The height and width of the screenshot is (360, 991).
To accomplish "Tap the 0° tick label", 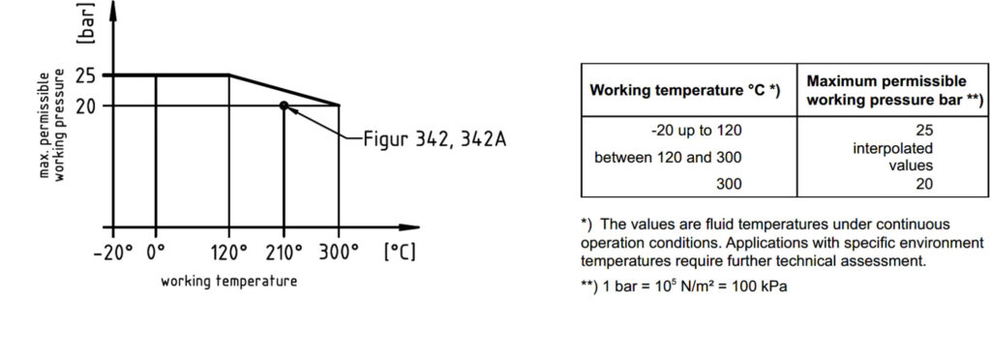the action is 155,252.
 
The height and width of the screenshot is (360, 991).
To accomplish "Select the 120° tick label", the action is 228,252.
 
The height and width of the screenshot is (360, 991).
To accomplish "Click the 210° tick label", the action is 284,252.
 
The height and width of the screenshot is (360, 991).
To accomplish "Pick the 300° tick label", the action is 338,252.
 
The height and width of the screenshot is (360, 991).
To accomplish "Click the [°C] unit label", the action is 400,252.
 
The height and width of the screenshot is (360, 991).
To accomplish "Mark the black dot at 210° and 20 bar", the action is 284,105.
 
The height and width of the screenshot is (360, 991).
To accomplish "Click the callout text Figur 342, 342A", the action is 435,138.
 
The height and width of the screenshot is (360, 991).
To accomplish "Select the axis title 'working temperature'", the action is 228,281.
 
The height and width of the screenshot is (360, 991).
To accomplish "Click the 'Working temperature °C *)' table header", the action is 685,90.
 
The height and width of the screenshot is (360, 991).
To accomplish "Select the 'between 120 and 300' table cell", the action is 668,158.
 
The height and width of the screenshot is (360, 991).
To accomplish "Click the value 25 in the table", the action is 923,131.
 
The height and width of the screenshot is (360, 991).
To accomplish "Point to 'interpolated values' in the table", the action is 892,158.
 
